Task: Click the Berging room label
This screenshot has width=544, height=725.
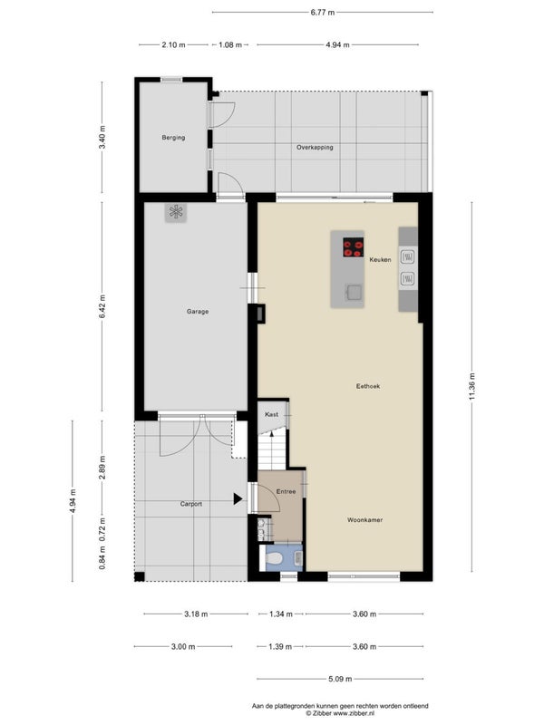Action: [x=173, y=138]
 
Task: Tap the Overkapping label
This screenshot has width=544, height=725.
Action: [x=315, y=148]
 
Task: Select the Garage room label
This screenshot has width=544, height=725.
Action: [x=198, y=312]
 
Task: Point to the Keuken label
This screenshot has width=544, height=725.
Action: [x=380, y=260]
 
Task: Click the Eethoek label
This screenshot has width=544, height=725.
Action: [x=368, y=386]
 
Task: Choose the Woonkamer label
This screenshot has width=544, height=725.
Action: [x=365, y=520]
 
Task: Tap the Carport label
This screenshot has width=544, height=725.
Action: [x=191, y=504]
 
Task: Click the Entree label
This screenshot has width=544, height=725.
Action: [x=286, y=491]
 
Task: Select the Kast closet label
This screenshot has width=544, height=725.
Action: [x=271, y=414]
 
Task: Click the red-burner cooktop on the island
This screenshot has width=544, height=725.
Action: [x=354, y=247]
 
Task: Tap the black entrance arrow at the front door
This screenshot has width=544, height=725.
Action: [x=238, y=499]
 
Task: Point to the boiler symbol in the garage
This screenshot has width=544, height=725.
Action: [x=176, y=212]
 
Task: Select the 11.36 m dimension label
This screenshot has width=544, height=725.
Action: [x=471, y=386]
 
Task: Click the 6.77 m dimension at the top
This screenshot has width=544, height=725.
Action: [x=323, y=13]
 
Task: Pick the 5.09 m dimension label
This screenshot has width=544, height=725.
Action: [x=340, y=679]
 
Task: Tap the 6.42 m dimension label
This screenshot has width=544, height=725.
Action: [x=102, y=306]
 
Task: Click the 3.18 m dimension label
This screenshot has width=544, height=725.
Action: [x=196, y=614]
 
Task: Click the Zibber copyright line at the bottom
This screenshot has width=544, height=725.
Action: [x=340, y=713]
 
